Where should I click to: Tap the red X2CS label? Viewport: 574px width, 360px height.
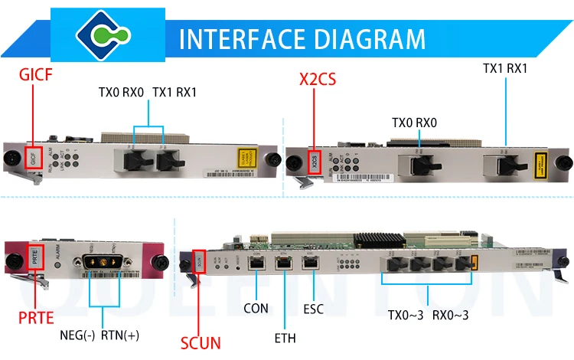318,79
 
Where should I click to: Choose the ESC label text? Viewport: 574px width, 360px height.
314,309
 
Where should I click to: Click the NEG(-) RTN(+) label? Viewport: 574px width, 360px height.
99,335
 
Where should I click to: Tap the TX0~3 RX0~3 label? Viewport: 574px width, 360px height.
428,313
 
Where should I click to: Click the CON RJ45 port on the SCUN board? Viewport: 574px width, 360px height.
257,263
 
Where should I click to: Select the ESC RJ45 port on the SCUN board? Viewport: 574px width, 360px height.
311,263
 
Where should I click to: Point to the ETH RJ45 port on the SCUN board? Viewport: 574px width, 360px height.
285,263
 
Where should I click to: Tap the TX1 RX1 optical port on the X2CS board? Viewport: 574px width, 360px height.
507,162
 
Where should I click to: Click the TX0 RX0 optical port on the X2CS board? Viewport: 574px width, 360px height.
416,162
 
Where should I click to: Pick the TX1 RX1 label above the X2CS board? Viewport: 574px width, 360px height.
505,67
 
